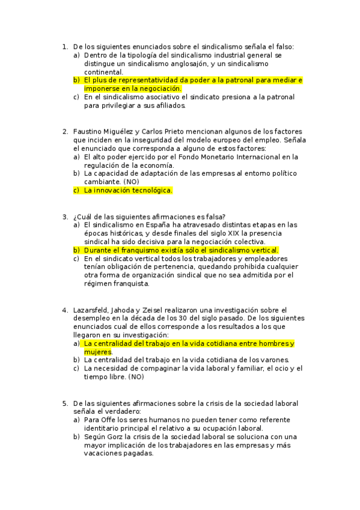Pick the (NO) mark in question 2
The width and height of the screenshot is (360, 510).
130,181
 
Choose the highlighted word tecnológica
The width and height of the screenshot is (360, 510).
149,190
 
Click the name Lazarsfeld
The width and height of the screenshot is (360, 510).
93,310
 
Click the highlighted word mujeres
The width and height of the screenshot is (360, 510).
97,352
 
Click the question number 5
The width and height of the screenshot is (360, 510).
64,403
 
